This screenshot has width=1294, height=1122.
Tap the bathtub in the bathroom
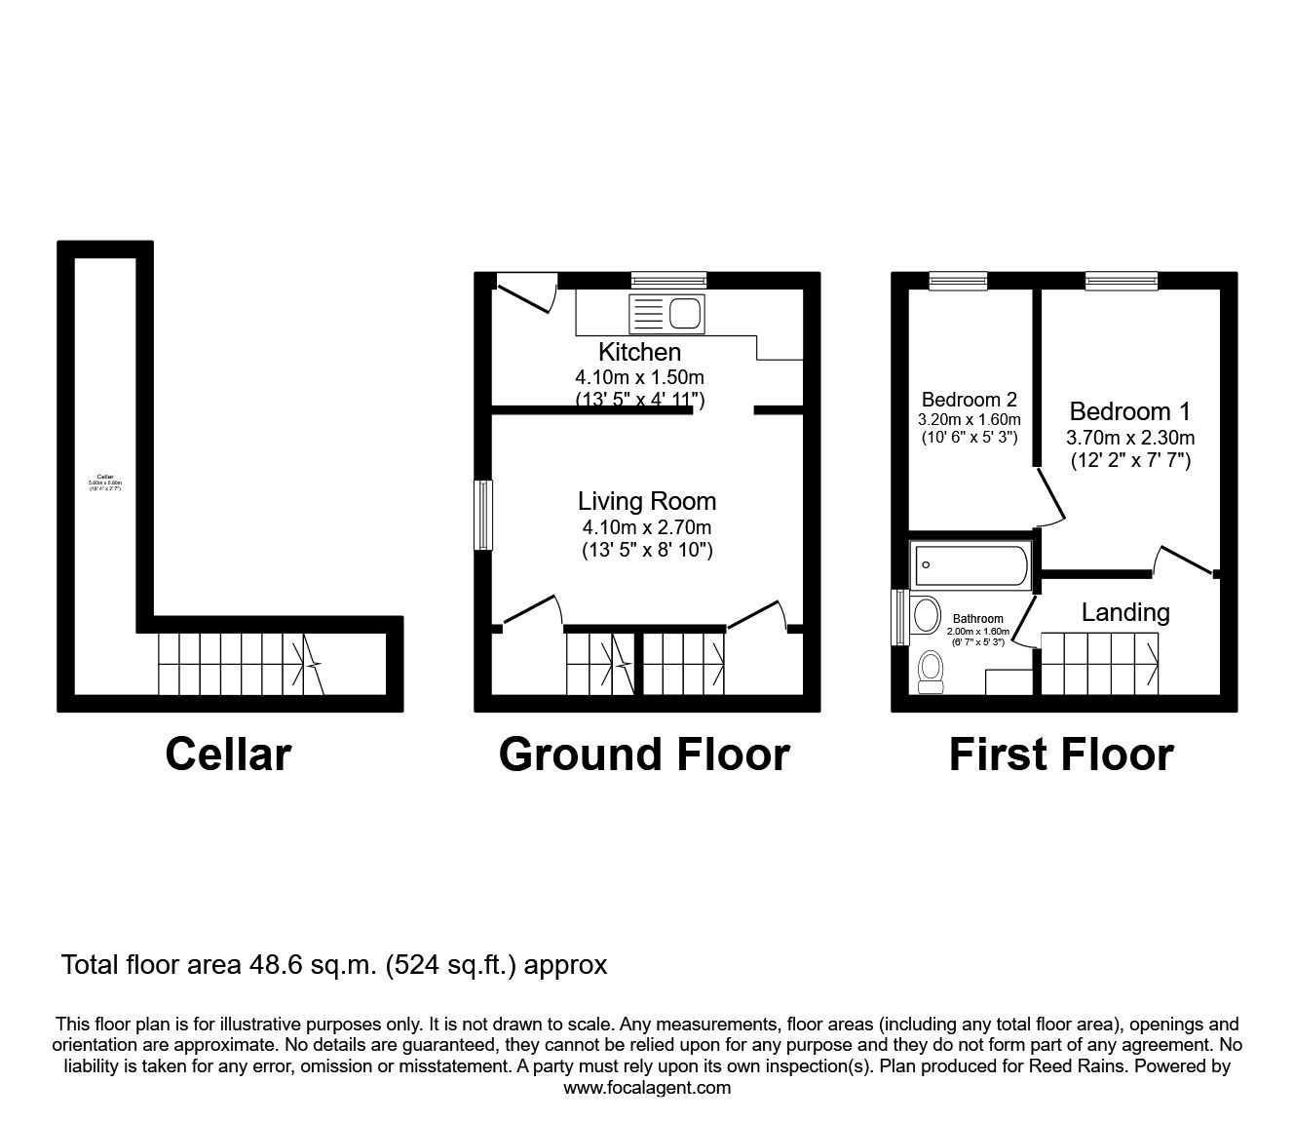[x=969, y=565]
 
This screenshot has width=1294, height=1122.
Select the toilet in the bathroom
[x=931, y=672]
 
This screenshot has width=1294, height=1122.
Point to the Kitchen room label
[x=639, y=352]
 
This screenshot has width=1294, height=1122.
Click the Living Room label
[x=646, y=501]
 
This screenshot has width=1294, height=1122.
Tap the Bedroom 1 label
[x=1129, y=411]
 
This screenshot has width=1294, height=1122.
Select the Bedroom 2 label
[x=969, y=400]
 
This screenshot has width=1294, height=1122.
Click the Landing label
[x=1124, y=612]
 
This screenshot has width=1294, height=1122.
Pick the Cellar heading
[x=228, y=754]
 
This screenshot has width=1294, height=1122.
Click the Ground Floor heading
[x=643, y=754]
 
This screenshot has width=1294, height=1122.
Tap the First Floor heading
[x=1061, y=754]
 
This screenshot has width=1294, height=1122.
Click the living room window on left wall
[x=482, y=515]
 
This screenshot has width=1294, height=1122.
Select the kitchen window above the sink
[x=667, y=281]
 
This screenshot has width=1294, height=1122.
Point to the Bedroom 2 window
[x=957, y=281]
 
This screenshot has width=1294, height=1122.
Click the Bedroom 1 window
[x=1123, y=281]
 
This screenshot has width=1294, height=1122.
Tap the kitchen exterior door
[x=526, y=292]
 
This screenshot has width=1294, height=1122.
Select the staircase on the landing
[x=1099, y=663]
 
